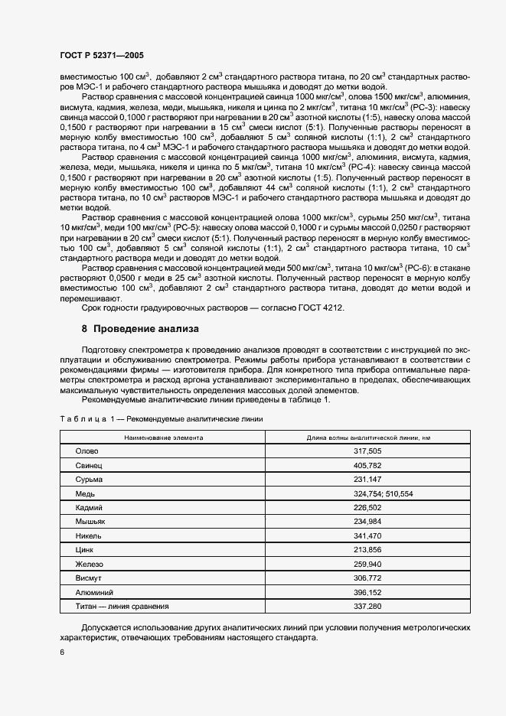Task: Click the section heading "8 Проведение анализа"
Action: pos(140,329)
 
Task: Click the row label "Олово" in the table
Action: pos(87,451)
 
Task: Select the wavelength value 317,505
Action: pos(367,451)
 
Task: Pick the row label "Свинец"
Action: pos(88,465)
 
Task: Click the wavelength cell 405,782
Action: pos(367,465)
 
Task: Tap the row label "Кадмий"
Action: pos(89,507)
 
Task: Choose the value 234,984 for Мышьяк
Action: pos(367,521)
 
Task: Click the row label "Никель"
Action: pos(89,535)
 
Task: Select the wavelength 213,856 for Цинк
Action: pos(367,549)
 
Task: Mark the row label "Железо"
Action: pos(89,564)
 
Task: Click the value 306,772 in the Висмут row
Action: pos(367,578)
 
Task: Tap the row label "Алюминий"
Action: pos(93,592)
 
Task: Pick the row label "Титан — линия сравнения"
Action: pos(122,606)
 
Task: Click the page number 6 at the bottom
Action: pos(61,652)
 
